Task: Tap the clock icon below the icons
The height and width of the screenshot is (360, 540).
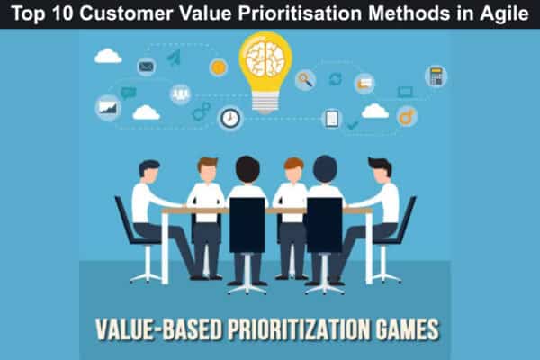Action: pyautogui.click(x=230, y=118)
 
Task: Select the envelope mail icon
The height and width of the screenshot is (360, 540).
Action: pyautogui.click(x=147, y=66)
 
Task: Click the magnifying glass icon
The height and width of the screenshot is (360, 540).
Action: pyautogui.click(x=305, y=79)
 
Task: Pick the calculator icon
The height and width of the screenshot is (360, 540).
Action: pyautogui.click(x=436, y=76)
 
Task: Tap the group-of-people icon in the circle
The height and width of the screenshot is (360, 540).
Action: pyautogui.click(x=181, y=94)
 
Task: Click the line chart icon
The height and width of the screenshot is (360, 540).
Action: pyautogui.click(x=108, y=107)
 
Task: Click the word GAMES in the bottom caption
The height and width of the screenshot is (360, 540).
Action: pyautogui.click(x=401, y=328)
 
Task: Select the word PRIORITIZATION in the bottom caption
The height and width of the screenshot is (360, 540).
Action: pyautogui.click(x=283, y=328)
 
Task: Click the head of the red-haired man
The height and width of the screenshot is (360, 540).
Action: pyautogui.click(x=293, y=168)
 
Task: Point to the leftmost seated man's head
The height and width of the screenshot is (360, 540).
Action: pyautogui.click(x=149, y=171)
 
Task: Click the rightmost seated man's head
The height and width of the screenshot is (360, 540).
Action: pyautogui.click(x=380, y=169)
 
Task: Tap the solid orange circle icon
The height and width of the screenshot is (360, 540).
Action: pyautogui.click(x=218, y=67)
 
